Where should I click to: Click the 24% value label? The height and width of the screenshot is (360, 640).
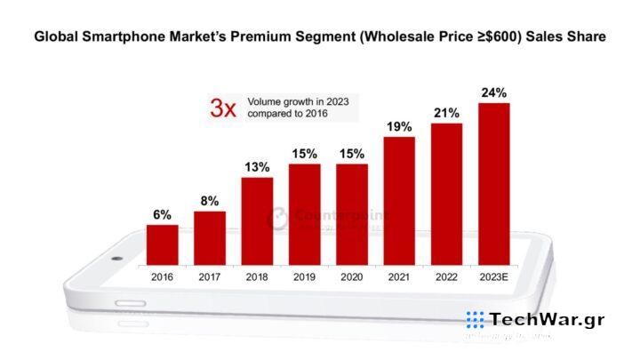494,92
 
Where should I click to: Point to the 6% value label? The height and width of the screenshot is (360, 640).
162,214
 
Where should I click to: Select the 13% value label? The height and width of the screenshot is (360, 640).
257,167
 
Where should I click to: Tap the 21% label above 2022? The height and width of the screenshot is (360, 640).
447,113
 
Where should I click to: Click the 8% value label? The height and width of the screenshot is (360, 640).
210,201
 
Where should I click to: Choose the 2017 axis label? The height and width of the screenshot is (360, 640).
210,277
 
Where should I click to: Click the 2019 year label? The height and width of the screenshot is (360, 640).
305,277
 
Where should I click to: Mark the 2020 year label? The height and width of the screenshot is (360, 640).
352,277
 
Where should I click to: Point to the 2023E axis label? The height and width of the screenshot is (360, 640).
494,277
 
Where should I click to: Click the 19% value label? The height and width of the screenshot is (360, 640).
399,127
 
